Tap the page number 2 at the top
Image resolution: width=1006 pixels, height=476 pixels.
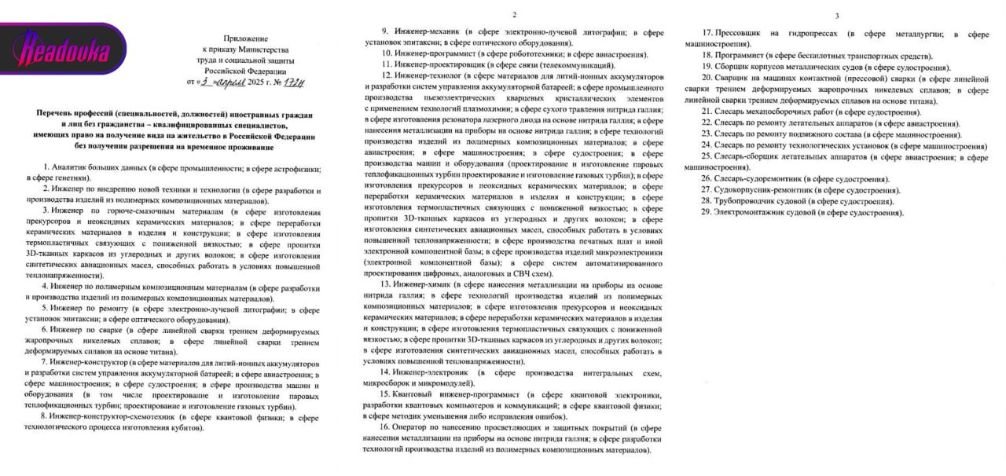pos(514,15)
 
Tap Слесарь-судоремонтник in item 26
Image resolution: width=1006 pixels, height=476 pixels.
pos(756,179)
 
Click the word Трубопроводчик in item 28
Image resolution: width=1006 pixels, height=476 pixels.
pos(740,202)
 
